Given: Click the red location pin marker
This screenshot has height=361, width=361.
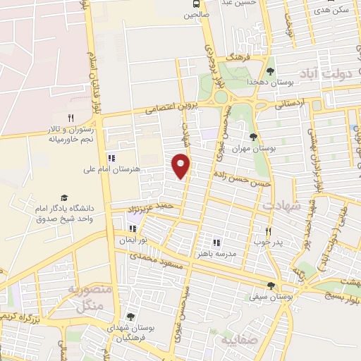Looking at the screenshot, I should (x=182, y=165).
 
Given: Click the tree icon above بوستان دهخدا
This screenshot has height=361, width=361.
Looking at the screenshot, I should (x=271, y=71).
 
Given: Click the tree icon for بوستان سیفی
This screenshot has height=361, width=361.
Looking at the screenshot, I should (x=271, y=286).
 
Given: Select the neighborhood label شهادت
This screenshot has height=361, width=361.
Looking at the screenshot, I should (x=282, y=205).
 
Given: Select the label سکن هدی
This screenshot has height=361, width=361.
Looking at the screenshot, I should (x=332, y=11).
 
